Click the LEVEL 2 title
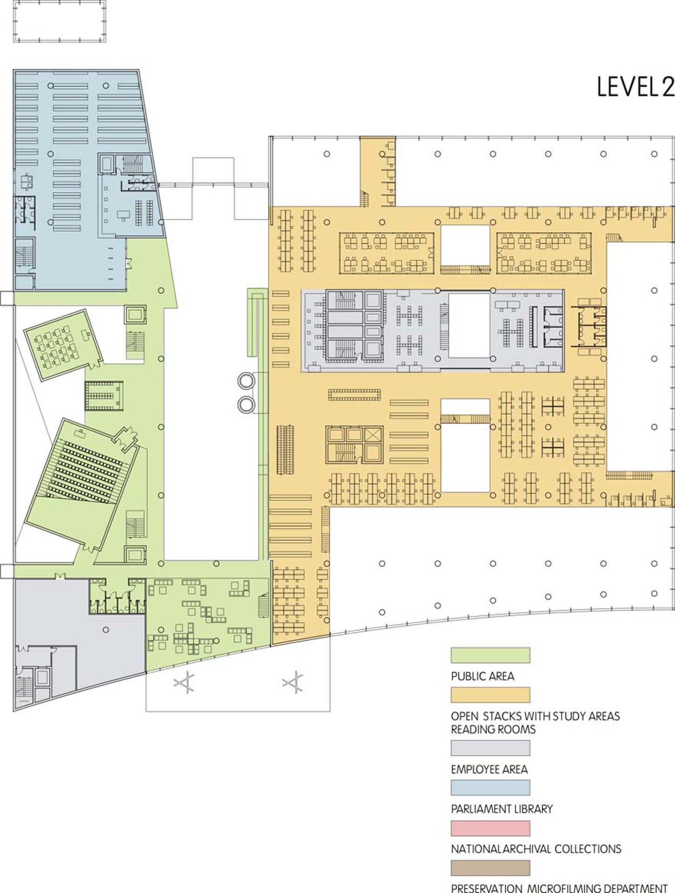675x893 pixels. click(635, 87)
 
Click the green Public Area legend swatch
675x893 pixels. click(490, 655)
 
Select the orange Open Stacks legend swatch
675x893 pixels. click(490, 694)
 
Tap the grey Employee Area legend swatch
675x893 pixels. click(490, 748)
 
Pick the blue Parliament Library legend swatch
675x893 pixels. click(490, 787)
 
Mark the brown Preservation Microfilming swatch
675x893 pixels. click(490, 868)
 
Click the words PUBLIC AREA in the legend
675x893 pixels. click(483, 676)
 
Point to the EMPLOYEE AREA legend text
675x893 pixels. click(489, 769)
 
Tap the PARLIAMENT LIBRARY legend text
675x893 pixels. click(502, 809)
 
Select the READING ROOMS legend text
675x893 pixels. click(493, 729)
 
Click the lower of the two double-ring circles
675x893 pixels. click(246, 404)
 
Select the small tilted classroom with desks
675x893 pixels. click(63, 344)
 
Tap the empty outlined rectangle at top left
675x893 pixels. click(60, 21)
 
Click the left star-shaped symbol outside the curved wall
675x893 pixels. click(184, 683)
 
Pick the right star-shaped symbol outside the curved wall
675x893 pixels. click(293, 682)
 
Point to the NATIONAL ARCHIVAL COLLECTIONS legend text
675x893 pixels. click(536, 849)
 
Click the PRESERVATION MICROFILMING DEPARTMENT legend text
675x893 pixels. click(559, 888)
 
